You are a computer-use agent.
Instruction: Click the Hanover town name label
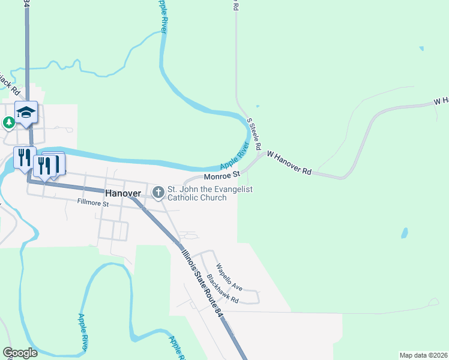pos(122,194)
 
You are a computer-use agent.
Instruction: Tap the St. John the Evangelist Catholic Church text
pos(209,193)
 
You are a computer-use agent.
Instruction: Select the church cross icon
pos(158,193)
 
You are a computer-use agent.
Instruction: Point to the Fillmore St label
pos(92,204)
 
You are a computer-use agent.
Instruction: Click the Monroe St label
pos(221,176)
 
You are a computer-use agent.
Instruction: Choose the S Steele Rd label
pos(255,134)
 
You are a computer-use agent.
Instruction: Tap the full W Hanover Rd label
pos(289,163)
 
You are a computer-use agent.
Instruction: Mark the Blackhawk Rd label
pos(223,289)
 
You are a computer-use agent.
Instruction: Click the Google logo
pos(20,353)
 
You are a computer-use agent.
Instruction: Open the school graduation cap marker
pos(26,112)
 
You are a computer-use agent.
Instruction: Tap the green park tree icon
pos(8,123)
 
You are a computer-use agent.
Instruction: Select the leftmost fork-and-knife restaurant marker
pos(25,158)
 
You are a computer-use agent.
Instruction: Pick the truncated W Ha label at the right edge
pos(441,101)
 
